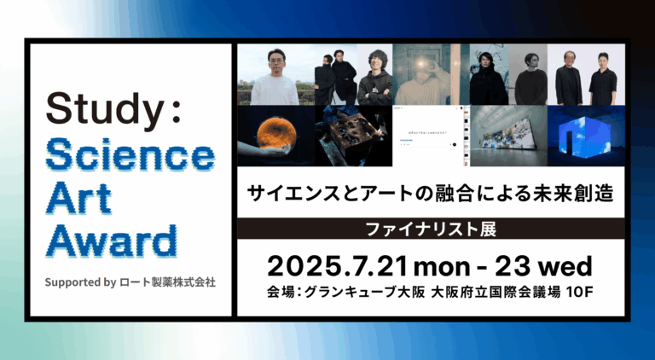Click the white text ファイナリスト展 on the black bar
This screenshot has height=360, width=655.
(x=430, y=229)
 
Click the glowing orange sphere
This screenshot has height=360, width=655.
(x=275, y=136)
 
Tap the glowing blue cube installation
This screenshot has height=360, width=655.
(x=586, y=136)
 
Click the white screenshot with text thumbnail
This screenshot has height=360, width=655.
(x=431, y=136)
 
